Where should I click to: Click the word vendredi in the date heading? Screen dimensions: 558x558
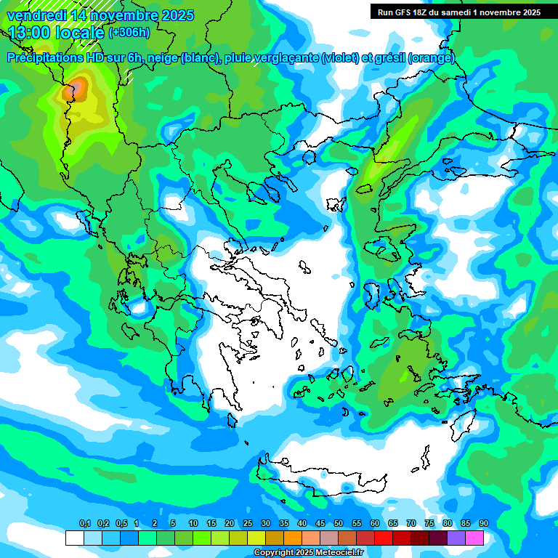point(37,15)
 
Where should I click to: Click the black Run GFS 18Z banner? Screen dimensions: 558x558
point(458,12)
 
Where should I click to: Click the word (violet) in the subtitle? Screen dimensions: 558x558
point(340,58)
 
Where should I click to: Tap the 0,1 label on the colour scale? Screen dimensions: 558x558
point(84,524)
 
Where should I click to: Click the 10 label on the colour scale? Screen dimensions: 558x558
point(193,524)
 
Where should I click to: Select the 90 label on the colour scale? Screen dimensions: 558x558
point(484,524)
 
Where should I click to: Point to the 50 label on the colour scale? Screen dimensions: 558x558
point(339,524)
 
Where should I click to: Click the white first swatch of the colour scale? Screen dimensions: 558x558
point(74,538)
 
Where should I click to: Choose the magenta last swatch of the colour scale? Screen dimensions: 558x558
point(474,538)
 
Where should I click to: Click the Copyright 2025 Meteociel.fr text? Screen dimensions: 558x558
point(309,553)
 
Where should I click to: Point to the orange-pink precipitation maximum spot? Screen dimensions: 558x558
point(75,90)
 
